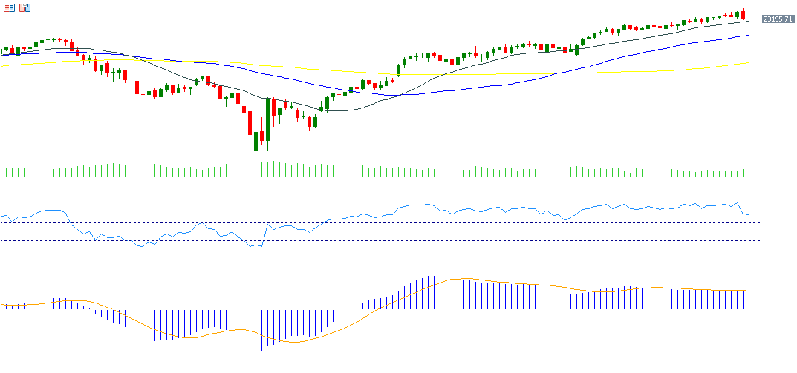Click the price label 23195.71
[x=778, y=19]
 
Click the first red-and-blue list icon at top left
[x=10, y=7]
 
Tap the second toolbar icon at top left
[x=25, y=7]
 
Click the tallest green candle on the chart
[x=268, y=119]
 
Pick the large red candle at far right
[x=743, y=14]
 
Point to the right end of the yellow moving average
[x=748, y=63]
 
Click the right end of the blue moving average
[x=748, y=35]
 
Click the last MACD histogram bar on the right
[x=749, y=300]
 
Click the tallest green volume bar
[x=256, y=169]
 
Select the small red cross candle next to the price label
[x=749, y=19]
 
